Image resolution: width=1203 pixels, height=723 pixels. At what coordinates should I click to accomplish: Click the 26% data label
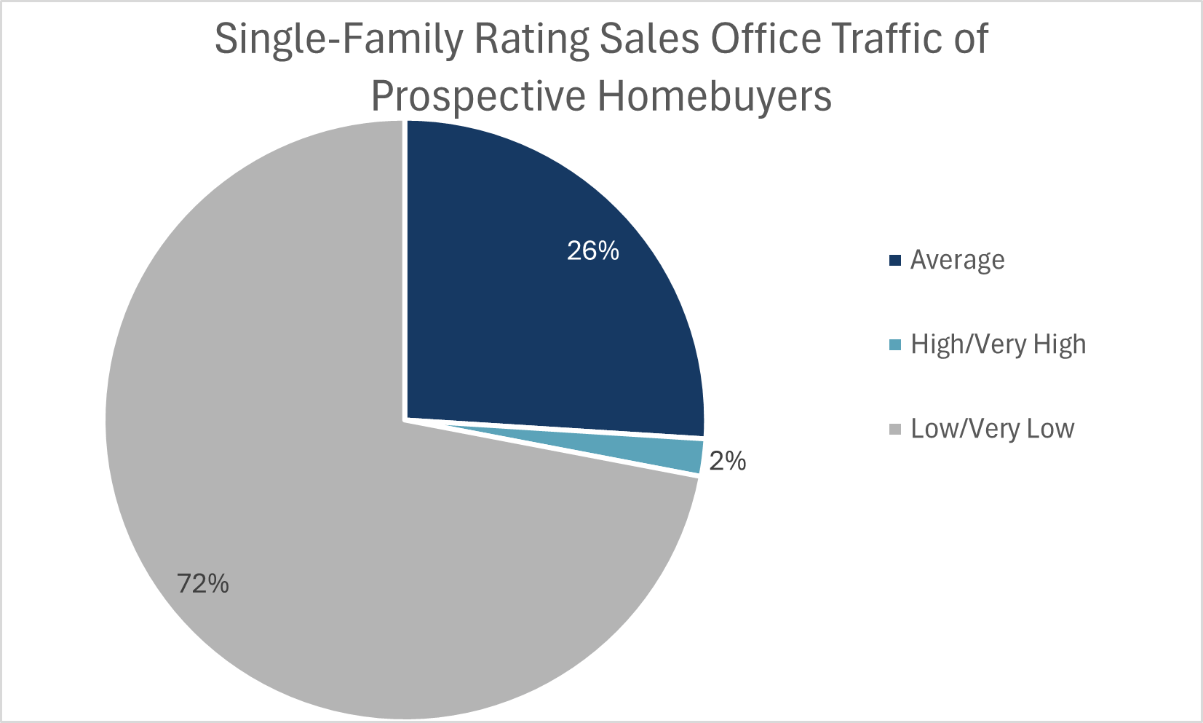pos(592,251)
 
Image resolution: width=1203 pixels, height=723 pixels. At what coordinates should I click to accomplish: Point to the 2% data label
pos(727,461)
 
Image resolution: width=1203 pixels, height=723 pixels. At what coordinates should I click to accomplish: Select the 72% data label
pos(203,583)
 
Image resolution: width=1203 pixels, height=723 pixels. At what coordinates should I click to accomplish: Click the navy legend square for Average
pos(895,260)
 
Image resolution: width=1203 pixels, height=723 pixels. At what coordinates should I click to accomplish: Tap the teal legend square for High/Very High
pos(895,344)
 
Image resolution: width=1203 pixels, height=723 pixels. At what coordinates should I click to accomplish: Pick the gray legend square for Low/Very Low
pos(895,429)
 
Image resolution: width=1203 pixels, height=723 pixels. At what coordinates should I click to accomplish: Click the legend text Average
pos(957,260)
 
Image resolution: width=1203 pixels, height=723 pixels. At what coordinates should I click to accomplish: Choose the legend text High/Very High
pos(998,344)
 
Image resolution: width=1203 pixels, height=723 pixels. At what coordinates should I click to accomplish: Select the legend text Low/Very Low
pos(992,429)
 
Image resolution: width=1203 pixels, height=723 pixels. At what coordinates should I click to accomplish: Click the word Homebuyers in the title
pos(715,97)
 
